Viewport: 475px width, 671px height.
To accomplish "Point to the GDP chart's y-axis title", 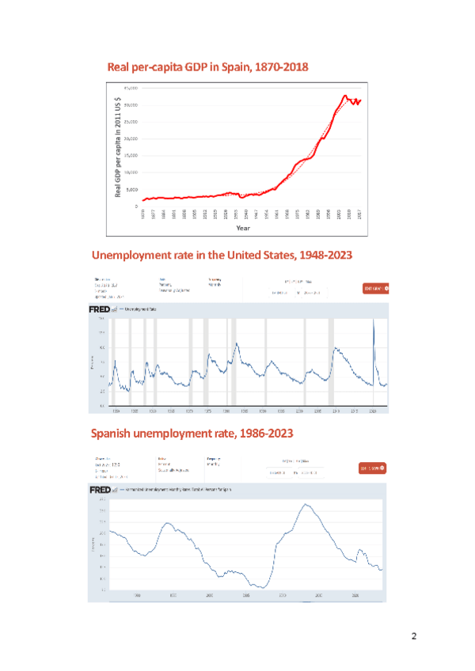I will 117,146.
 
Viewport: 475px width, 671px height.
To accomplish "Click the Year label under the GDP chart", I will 243,228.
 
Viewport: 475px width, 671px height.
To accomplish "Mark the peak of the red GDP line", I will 344,96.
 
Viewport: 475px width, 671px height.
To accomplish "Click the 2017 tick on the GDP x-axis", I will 360,214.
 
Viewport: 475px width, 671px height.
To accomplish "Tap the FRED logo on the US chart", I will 99,309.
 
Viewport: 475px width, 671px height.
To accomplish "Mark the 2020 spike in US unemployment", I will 374,320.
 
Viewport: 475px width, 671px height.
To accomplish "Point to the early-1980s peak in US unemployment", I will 236,343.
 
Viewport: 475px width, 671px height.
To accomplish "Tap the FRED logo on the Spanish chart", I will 99,490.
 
